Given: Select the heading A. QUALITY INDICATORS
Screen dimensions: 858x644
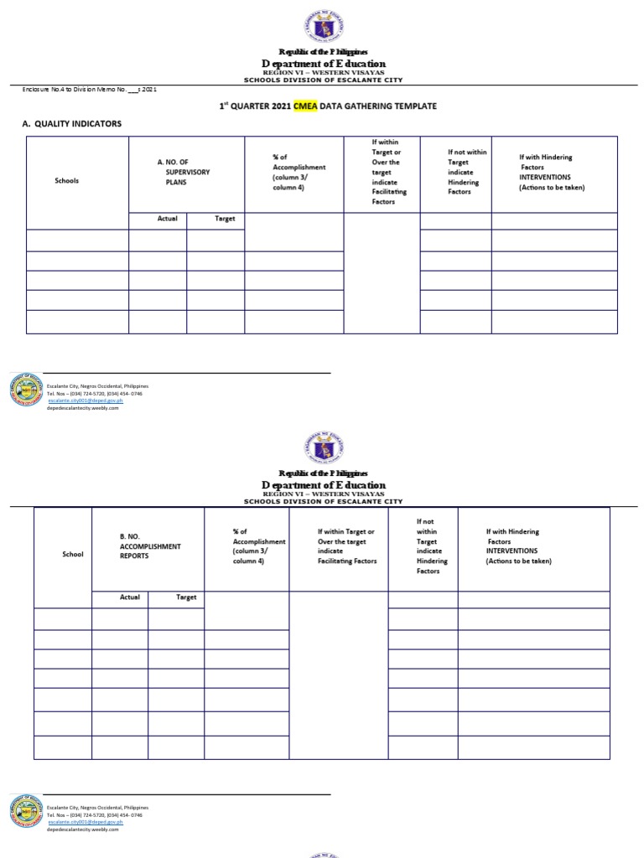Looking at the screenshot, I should pos(71,124).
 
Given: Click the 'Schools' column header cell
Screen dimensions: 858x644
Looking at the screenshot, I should pos(67,180).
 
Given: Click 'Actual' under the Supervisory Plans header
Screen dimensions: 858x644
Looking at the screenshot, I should pos(168,219).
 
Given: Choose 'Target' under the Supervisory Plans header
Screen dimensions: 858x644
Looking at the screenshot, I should pos(225,219).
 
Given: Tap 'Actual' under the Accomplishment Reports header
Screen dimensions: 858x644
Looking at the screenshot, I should pos(130,597).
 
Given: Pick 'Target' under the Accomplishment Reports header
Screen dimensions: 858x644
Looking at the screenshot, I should pos(186,597).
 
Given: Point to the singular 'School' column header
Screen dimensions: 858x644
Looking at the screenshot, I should pos(73,554).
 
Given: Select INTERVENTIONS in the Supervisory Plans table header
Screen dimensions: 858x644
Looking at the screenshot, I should pos(544,177).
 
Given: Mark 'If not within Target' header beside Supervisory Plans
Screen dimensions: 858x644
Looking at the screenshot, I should pos(467,172).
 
